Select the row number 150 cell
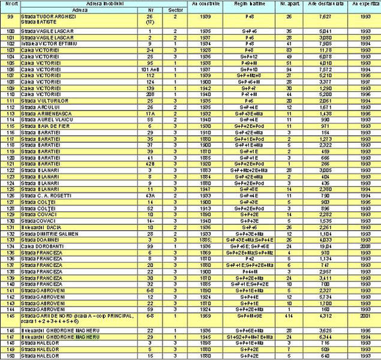pos(9,356)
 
